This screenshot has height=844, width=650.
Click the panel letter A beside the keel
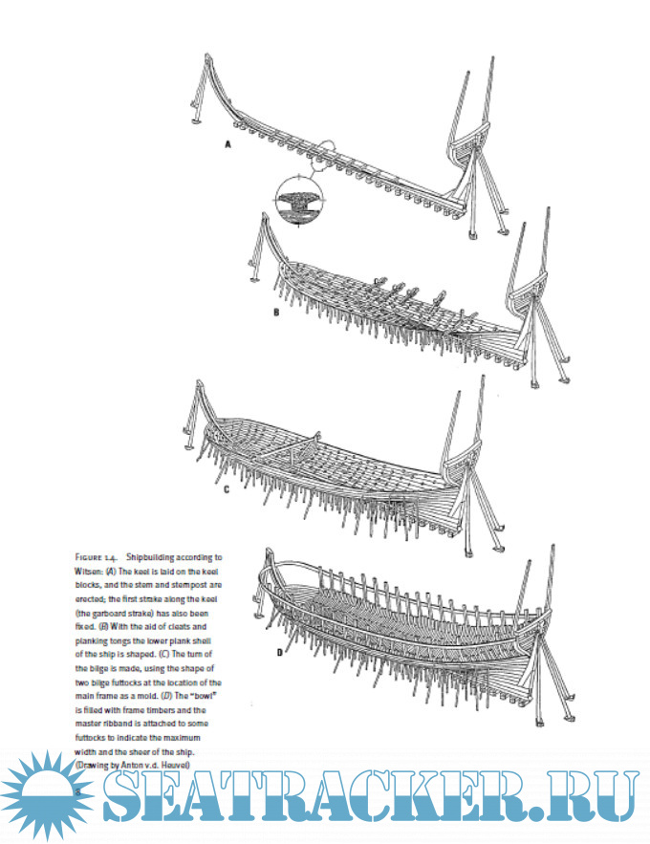click(x=227, y=145)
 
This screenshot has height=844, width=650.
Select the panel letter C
click(x=227, y=490)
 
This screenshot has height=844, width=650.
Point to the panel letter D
click(x=280, y=652)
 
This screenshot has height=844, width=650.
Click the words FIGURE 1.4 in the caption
click(x=96, y=556)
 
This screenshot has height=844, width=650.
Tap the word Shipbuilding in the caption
click(x=170, y=556)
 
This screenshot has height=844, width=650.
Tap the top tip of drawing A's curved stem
click(x=207, y=56)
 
